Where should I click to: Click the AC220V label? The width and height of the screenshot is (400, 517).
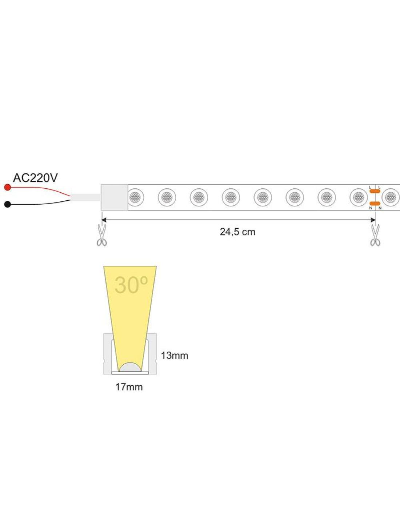(35, 178)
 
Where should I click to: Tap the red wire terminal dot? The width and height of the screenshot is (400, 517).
(8, 188)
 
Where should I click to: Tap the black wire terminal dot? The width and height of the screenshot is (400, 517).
(8, 204)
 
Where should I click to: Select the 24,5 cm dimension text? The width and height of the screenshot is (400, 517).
(237, 232)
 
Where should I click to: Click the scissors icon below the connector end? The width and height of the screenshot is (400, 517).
(102, 235)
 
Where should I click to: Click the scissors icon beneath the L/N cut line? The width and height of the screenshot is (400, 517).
(375, 235)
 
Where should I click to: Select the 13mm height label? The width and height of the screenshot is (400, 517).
(175, 356)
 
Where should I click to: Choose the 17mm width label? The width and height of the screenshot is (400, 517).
(129, 387)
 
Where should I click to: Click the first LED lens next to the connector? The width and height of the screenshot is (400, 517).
(135, 197)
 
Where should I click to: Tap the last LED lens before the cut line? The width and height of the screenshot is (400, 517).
(359, 197)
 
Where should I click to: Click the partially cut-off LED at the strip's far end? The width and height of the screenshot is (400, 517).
(391, 197)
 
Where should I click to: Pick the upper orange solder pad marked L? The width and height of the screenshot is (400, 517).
(375, 191)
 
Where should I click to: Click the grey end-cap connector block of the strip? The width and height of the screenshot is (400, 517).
(115, 197)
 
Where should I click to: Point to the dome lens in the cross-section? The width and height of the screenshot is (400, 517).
(130, 367)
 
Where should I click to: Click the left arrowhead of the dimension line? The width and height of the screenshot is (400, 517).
(104, 220)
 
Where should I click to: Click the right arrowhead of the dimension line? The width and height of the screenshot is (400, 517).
(373, 220)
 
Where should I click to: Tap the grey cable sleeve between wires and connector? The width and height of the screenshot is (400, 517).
(86, 197)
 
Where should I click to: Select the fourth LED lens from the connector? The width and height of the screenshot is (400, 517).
(231, 197)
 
